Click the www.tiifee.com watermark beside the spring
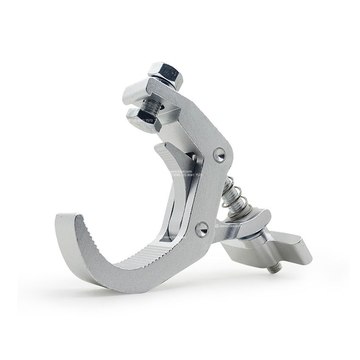pyautogui.click(x=231, y=227)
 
